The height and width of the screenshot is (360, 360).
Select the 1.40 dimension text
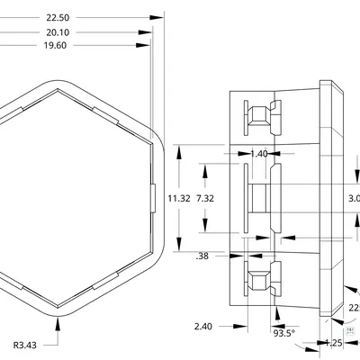coord(258,154)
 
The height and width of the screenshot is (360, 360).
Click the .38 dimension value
coord(202,256)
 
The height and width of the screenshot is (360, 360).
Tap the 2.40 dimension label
coord(202,327)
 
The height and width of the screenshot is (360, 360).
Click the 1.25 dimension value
coord(334,343)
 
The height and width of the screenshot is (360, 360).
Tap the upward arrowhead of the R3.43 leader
coord(59,321)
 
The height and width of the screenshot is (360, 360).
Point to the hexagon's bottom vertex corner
coord(59,315)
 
